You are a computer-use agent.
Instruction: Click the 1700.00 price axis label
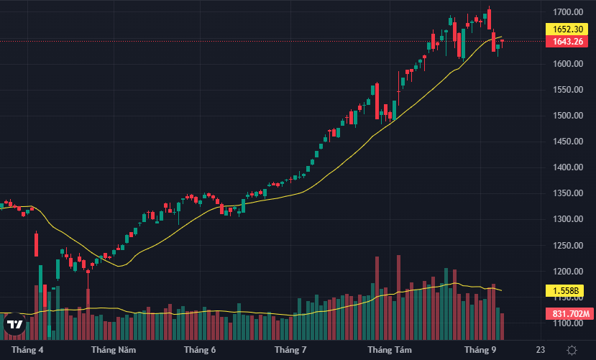coord(567,12)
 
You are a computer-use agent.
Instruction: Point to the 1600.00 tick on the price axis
coord(567,64)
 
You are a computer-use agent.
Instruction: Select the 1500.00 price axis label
coord(567,116)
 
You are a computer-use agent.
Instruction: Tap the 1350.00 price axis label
coord(567,193)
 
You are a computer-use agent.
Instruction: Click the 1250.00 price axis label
coord(567,246)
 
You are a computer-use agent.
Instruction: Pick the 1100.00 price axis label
coord(567,323)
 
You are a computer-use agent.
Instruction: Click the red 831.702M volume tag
coord(571,313)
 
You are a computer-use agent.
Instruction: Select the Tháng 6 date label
coord(199,350)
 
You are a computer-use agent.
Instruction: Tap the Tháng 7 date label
coord(290,350)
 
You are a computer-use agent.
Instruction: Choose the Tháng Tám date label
coord(389,350)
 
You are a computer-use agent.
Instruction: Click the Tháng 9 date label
coord(480,350)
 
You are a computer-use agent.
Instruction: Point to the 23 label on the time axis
coord(541,350)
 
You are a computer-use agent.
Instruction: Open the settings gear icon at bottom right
coord(571,350)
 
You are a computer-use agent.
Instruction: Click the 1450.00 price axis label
coord(567,142)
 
